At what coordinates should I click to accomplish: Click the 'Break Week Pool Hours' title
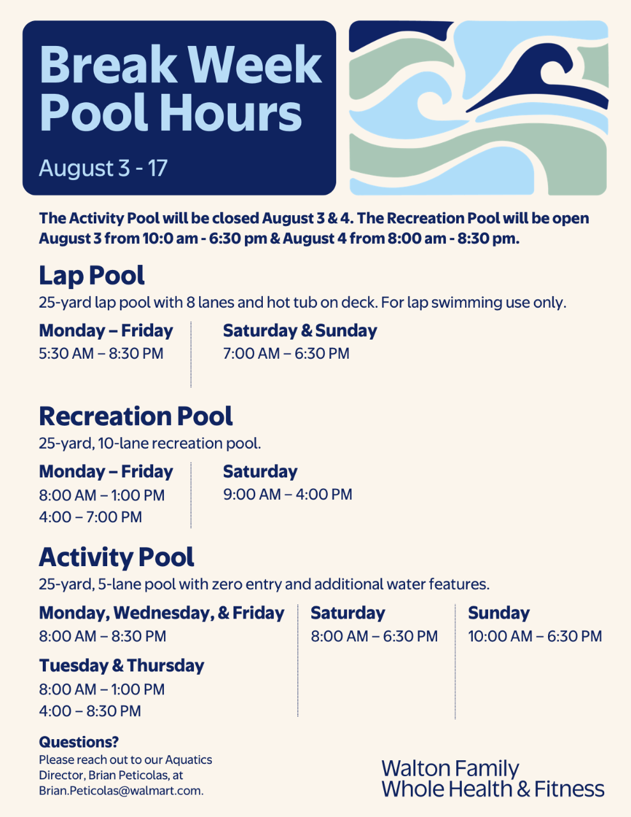point(181,88)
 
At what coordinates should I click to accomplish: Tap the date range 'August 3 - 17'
point(103,168)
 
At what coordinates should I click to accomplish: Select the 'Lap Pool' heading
point(92,276)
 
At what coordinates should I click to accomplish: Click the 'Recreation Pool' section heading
point(136,416)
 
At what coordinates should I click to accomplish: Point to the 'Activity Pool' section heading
point(117,557)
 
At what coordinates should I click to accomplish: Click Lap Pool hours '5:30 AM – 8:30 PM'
point(101,354)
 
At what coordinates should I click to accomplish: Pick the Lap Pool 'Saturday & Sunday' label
point(300,331)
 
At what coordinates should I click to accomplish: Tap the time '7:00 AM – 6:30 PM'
point(286,354)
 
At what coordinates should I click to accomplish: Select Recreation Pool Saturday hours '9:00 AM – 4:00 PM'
point(288,495)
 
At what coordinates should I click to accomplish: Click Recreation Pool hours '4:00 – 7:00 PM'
point(91,517)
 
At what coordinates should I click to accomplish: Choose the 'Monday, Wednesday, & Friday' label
point(161,613)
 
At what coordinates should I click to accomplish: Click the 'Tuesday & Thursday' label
point(121,666)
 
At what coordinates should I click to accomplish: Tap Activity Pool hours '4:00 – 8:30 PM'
point(90,711)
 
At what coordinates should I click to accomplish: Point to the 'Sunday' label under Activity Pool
point(499,613)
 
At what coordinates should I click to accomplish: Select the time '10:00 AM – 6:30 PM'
point(535,636)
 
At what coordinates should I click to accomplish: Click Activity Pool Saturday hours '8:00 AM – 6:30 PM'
point(375,636)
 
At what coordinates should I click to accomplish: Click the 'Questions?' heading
point(78,742)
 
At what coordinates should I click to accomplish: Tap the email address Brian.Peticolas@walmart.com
point(121,791)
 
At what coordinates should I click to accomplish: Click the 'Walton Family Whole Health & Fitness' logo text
point(493,778)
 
